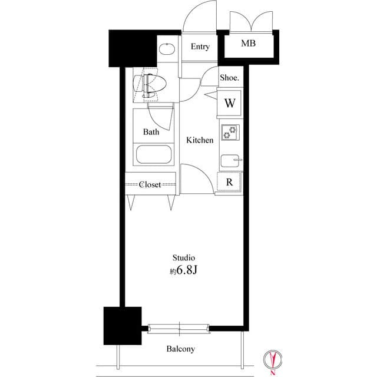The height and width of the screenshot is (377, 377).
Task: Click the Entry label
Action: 200,47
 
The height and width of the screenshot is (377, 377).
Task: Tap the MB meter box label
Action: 249,43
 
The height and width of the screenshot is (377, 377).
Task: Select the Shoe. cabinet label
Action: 230,77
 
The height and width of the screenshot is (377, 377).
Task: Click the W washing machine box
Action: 230,103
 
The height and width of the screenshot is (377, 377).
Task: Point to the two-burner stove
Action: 230,132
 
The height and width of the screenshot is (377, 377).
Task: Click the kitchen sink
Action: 231,160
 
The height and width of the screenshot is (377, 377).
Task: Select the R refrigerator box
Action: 229,182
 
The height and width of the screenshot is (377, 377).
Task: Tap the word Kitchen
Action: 200,140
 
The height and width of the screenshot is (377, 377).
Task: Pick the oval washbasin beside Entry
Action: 167,49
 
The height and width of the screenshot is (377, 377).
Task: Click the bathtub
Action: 154,155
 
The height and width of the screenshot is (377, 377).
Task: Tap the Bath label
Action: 151,132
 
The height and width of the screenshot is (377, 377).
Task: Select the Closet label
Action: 150,184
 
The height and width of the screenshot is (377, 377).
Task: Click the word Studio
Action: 184,258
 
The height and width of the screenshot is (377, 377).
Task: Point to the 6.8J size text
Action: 187,270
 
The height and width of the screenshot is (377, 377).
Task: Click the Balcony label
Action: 181,349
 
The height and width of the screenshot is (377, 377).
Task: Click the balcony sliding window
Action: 178,329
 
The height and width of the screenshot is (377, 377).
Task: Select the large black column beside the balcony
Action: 123,326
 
